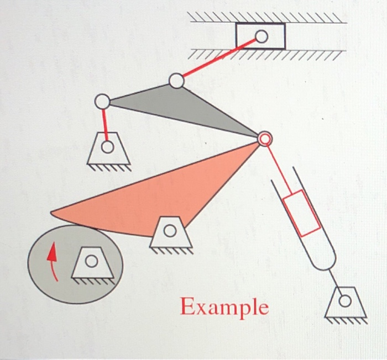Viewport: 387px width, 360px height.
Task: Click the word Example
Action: pyautogui.click(x=224, y=306)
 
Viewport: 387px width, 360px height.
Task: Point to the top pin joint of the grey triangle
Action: pyautogui.click(x=176, y=81)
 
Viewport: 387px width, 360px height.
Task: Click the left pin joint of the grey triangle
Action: pyautogui.click(x=102, y=102)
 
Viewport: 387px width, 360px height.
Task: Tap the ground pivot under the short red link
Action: pyautogui.click(x=108, y=148)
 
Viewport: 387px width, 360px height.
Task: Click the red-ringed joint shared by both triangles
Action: pyautogui.click(x=265, y=139)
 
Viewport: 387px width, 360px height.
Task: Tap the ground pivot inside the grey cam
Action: pyautogui.click(x=92, y=262)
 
